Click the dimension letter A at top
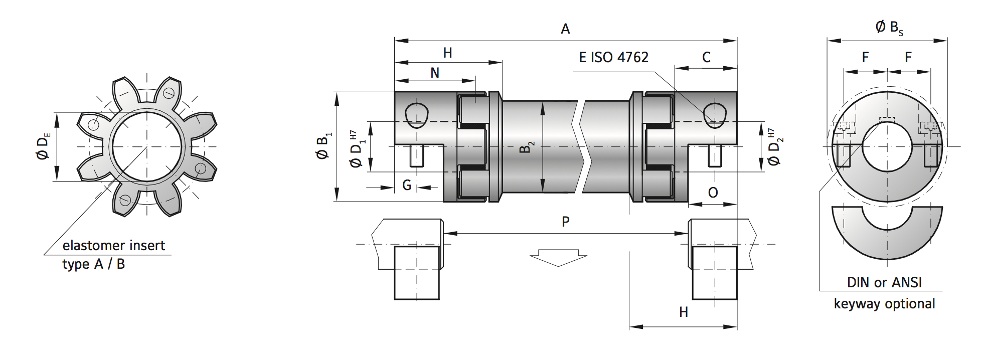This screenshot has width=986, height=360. (565, 29)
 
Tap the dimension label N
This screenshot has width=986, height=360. (435, 73)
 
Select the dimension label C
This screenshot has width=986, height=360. (706, 58)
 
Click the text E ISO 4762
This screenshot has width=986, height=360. (613, 58)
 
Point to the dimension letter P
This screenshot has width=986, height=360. (566, 222)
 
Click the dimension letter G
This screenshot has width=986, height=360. (407, 186)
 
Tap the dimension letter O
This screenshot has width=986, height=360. (713, 193)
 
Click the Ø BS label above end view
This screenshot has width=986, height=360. (889, 28)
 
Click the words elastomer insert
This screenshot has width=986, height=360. (113, 246)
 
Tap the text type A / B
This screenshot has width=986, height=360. (93, 264)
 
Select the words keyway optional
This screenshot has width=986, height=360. (884, 304)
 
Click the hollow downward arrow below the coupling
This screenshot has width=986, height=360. (558, 257)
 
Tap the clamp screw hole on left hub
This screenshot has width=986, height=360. (416, 115)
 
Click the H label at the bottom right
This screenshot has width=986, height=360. (683, 312)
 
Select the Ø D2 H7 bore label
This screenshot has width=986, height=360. (774, 146)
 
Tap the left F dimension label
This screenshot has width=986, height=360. (865, 58)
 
